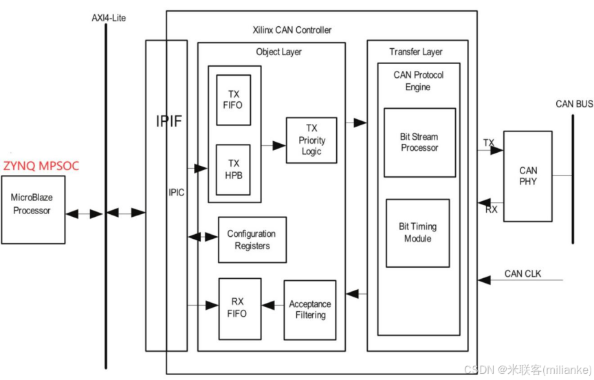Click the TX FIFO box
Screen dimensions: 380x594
click(234, 100)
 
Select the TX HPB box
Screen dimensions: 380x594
click(234, 169)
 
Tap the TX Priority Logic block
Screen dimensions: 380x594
click(311, 140)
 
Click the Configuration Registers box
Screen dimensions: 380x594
click(252, 240)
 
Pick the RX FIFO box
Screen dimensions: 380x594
click(237, 308)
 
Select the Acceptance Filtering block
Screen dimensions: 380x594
click(310, 310)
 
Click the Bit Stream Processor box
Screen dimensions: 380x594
click(419, 142)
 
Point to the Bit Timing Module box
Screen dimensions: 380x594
click(418, 233)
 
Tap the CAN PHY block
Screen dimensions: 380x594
click(528, 176)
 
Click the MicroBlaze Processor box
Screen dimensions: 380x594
click(31, 204)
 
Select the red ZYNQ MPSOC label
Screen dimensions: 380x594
click(41, 166)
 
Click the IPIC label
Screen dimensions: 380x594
click(176, 192)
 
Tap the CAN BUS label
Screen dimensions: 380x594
click(573, 104)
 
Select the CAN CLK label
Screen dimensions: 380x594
click(522, 273)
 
